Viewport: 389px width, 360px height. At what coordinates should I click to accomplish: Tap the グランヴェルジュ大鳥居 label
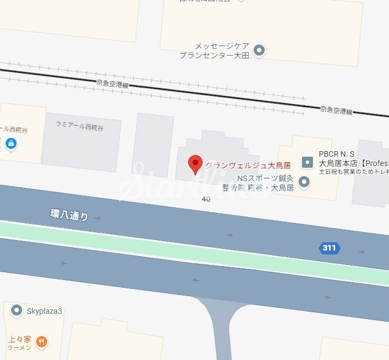pos(247,165)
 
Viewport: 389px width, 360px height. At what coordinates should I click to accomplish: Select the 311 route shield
pos(329,248)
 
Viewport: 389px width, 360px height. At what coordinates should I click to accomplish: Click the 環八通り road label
pos(69,214)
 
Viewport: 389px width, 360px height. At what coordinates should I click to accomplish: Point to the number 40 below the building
pos(206,199)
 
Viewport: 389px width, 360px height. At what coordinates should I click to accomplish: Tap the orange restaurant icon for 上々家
pos(41,342)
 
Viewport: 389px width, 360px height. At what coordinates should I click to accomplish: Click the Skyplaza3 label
pos(45,311)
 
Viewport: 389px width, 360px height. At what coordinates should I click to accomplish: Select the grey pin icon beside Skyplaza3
pos(17,310)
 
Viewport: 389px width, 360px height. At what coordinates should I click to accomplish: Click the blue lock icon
pos(11,144)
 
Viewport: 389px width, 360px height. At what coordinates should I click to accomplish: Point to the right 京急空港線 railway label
pos(336,111)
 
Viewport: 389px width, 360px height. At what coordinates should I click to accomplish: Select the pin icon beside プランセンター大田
pos(259,51)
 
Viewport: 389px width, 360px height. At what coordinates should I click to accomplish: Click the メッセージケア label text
pos(220,46)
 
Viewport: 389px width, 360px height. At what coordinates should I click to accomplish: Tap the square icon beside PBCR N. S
pos(307,162)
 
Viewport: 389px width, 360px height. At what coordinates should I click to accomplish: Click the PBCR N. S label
pos(336,154)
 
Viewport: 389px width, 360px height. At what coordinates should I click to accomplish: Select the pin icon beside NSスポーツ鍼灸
pos(304,182)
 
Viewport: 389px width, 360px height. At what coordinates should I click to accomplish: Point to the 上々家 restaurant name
pos(19,339)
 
